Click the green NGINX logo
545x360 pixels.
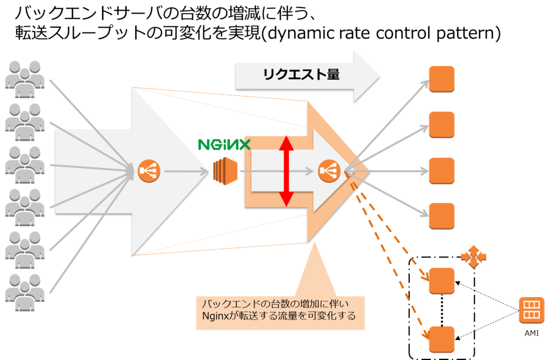(x=224, y=145)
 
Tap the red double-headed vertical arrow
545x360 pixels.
(x=286, y=171)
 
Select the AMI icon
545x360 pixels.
(x=532, y=311)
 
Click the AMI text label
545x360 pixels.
(x=532, y=333)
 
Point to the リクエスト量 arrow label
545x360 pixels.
(x=301, y=74)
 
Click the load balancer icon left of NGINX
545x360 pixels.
(x=149, y=171)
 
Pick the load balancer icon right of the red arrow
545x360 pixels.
(x=329, y=171)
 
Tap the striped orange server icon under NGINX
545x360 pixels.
(x=225, y=171)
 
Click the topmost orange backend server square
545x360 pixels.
(x=442, y=79)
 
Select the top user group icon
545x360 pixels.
(x=24, y=80)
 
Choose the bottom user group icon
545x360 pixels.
(x=24, y=292)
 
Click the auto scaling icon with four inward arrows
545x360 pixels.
(x=473, y=257)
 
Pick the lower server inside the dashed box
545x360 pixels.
(x=442, y=339)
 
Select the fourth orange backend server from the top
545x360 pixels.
(x=442, y=216)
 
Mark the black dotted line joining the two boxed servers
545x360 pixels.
(x=442, y=311)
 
